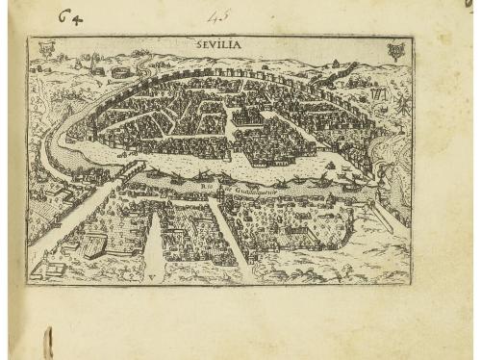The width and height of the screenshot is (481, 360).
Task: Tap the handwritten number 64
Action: point(68,16)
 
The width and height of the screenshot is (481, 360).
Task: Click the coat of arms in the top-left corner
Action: point(45,48)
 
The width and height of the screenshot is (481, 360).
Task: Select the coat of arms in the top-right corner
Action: point(394,49)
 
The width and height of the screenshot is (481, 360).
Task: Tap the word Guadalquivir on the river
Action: point(254,191)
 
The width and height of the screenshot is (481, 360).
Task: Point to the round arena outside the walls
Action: point(119,70)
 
